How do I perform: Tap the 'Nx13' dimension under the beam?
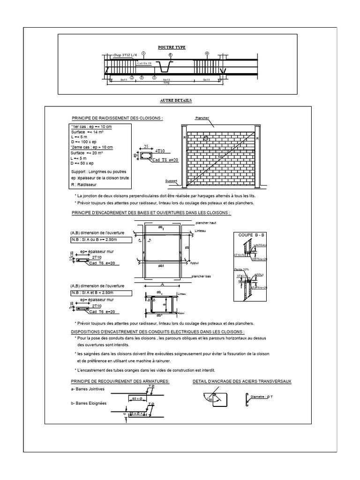[166, 80]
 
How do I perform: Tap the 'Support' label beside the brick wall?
[171, 180]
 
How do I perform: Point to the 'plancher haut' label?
[202, 224]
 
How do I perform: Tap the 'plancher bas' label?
[202, 277]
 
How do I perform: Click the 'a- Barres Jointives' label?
[87, 389]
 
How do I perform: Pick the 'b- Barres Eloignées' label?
[89, 403]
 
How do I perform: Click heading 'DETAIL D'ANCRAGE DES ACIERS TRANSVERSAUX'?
[242, 381]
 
